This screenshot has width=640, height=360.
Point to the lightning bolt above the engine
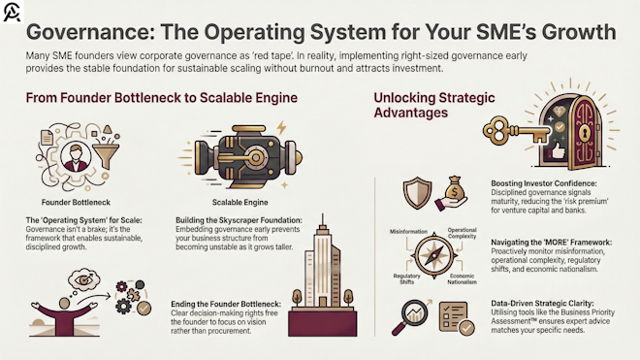281,129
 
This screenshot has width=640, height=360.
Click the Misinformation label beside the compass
409,232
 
